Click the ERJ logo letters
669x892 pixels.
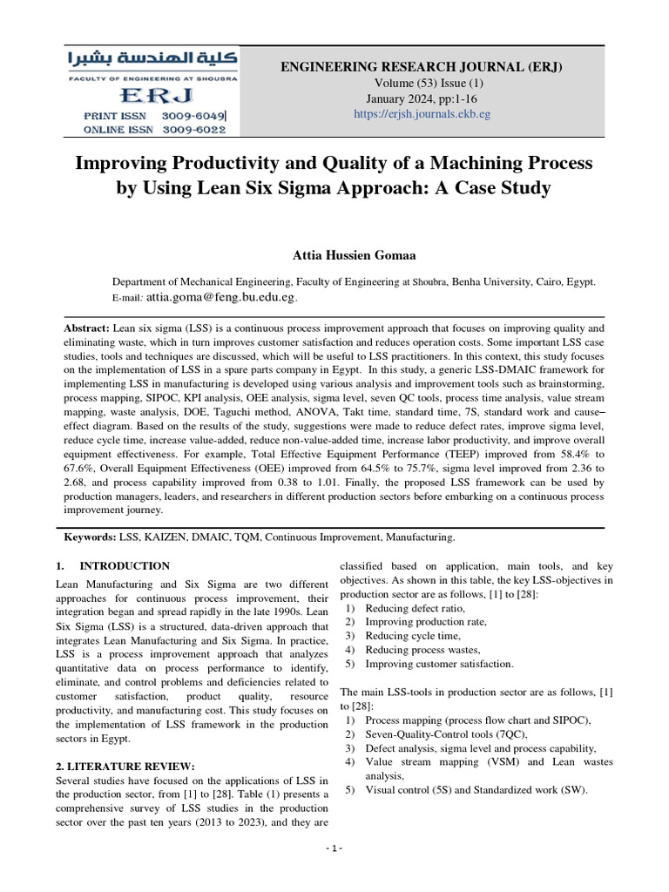pos(157,94)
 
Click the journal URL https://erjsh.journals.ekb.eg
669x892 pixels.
pos(422,114)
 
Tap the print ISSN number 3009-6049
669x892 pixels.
pos(193,115)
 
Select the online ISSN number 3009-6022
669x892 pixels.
pos(193,130)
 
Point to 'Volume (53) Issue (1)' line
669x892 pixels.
pos(422,83)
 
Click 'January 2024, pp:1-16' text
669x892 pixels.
pos(422,98)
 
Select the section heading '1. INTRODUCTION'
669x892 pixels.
pos(112,566)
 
